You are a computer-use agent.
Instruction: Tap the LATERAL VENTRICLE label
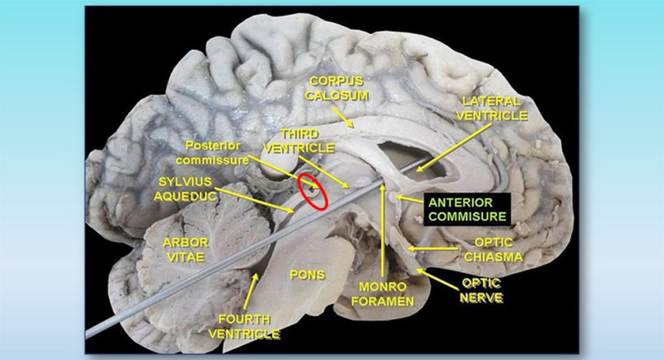tap(492, 108)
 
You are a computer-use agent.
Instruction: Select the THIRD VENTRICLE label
tap(307, 141)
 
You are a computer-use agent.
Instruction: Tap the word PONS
tap(307, 275)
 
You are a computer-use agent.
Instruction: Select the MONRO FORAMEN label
tap(385, 293)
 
